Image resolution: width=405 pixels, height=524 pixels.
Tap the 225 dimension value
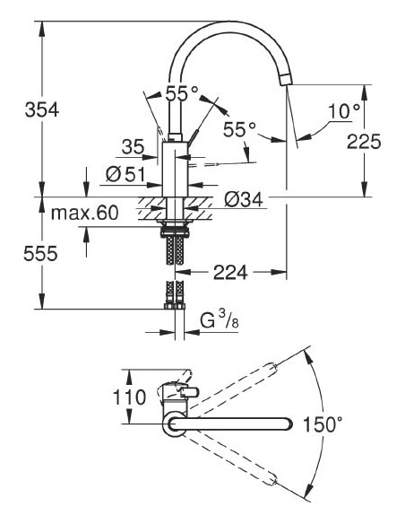[x=366, y=141]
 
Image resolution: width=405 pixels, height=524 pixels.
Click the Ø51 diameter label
[x=125, y=174]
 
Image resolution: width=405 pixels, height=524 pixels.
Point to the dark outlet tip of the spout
[x=284, y=79]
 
